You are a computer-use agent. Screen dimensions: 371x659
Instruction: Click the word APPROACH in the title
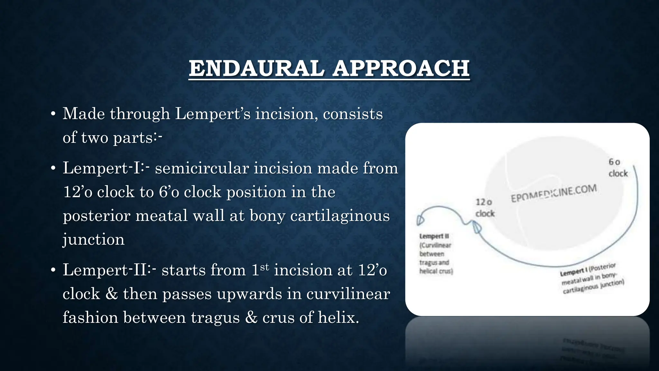tap(401, 69)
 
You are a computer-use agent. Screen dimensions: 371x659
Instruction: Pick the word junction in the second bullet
tap(93, 239)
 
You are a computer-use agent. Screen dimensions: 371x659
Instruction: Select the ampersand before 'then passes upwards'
tap(111, 294)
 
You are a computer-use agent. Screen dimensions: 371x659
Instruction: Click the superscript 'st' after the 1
tap(264, 267)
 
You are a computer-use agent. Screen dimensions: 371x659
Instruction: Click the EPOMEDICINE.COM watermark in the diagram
tap(554, 193)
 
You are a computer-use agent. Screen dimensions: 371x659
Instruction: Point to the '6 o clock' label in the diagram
tap(617, 168)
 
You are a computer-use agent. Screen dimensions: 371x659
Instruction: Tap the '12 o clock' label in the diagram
tap(485, 208)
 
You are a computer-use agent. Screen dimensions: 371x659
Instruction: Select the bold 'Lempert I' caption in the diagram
tap(574, 272)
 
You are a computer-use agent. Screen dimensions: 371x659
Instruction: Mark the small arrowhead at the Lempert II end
tap(420, 220)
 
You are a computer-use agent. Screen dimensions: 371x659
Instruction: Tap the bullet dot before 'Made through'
tap(53, 114)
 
